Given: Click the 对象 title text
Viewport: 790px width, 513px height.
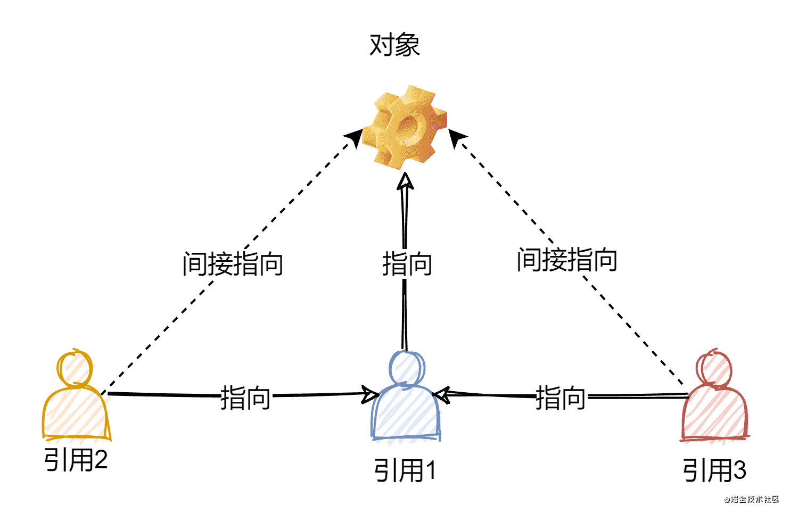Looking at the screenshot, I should [394, 45].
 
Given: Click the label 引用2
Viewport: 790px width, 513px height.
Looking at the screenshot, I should [76, 460].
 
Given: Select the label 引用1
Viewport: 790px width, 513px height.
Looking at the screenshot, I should [405, 470].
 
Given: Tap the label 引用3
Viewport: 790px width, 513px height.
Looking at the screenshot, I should [714, 470].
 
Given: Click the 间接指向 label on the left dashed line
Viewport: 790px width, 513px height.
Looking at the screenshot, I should [233, 264].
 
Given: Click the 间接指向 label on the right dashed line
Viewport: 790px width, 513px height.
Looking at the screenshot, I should [567, 260].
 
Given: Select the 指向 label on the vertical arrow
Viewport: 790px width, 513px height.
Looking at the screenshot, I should [407, 264].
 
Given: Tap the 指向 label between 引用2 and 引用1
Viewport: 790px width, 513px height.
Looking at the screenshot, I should [245, 398].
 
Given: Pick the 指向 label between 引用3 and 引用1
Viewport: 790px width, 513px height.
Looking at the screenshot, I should [560, 398].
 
